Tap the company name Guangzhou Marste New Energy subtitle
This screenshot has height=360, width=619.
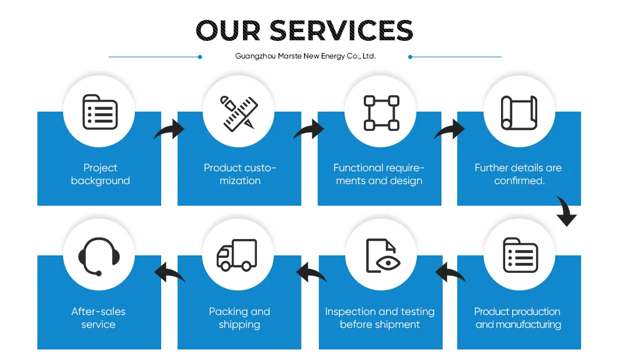pos(305,56)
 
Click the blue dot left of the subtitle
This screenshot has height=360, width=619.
pos(200,57)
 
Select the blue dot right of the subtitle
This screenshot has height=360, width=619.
pos(410,57)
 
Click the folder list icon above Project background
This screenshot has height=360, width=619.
pos(100,112)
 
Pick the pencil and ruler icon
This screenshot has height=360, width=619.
pos(239,113)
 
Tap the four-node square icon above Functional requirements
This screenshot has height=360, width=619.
pos(381,113)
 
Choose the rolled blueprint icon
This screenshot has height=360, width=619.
pos(519,113)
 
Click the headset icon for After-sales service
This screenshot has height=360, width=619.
pos(99,256)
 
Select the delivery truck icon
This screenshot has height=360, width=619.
pos(237,255)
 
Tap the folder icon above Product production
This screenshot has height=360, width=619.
pos(520,255)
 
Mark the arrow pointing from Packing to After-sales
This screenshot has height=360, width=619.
pos(169,272)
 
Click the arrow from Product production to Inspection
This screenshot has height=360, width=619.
pos(450,272)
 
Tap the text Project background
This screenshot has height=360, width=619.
pos(100,174)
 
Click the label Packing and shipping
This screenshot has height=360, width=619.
pos(239,318)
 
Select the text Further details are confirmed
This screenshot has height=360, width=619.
pos(519,174)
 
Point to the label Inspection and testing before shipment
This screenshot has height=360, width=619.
pos(380,318)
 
